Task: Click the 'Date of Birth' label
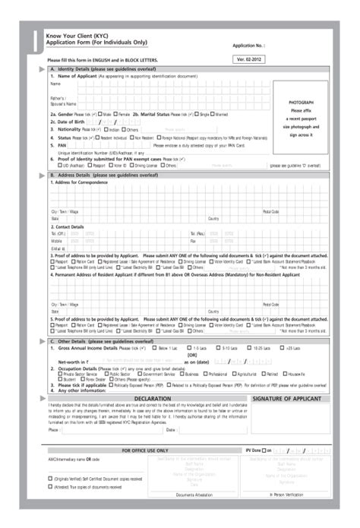(x=68, y=122)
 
